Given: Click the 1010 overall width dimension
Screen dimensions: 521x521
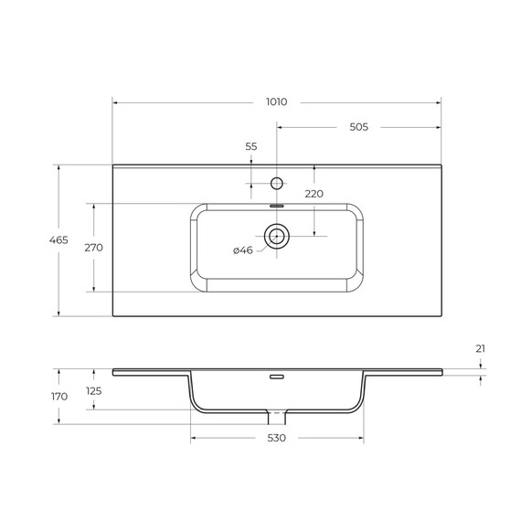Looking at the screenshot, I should (275, 101).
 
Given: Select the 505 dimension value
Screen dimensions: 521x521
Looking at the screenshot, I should (357, 127).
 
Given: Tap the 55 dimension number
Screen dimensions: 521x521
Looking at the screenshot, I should (251, 146).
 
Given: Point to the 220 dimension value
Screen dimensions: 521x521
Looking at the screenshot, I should (314, 194).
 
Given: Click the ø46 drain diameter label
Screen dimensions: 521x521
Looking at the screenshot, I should (242, 250).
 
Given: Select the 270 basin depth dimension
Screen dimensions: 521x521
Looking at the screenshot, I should (93, 247).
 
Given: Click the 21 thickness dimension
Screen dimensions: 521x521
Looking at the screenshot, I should (481, 349).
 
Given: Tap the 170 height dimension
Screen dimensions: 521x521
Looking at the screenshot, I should (59, 397).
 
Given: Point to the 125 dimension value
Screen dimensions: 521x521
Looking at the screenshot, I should (94, 390).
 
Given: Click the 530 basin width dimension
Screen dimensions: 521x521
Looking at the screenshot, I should (277, 439).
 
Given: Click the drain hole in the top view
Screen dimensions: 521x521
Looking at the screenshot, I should (277, 237).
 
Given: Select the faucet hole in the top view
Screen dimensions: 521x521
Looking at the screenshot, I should (277, 183).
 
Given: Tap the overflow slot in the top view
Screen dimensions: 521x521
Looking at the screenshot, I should (277, 207).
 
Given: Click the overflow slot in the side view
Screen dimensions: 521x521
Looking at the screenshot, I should (277, 376).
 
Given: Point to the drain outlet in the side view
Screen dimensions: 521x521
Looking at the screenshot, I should (277, 417).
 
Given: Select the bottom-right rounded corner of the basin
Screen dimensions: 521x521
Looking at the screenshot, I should (355, 284).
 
